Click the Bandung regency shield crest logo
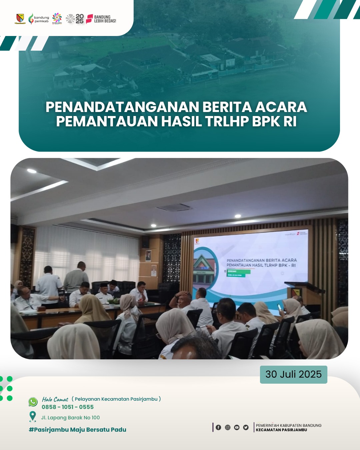click(20, 19)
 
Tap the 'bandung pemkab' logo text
click(41, 19)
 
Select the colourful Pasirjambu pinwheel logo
click(57, 18)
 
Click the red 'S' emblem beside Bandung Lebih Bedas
click(89, 19)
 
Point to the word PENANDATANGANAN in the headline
click(122, 107)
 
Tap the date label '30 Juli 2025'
click(293, 374)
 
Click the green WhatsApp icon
click(33, 402)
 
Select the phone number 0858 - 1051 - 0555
click(68, 407)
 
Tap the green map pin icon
click(33, 416)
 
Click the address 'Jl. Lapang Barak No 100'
click(70, 418)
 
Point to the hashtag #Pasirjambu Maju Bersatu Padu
click(77, 430)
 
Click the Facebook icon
click(218, 427)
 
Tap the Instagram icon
click(228, 427)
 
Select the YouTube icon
click(237, 427)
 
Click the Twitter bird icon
click(246, 427)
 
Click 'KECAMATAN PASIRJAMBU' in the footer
click(281, 430)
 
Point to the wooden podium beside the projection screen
click(302, 293)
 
